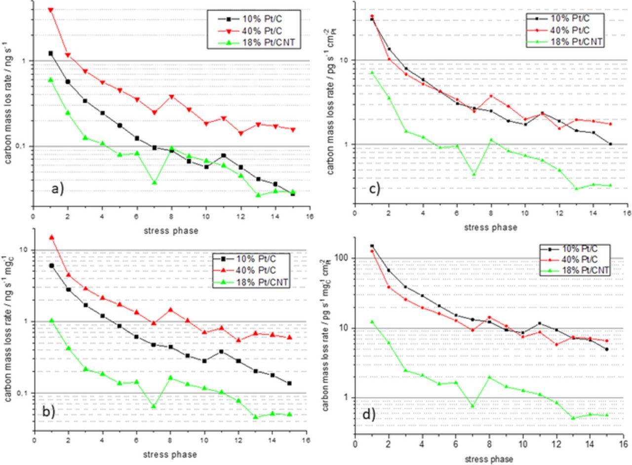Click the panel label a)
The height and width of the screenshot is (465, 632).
[58, 189]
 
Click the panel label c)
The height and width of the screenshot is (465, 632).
[374, 188]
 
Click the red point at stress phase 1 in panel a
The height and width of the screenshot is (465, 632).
[50, 10]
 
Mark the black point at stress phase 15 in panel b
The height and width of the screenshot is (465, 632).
[289, 383]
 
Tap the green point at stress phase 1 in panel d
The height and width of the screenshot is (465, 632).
[372, 322]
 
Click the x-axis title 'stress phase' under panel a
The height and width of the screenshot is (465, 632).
[171, 231]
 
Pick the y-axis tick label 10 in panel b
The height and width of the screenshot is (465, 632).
[22, 250]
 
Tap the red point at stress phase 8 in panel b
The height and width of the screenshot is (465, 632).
[170, 310]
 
